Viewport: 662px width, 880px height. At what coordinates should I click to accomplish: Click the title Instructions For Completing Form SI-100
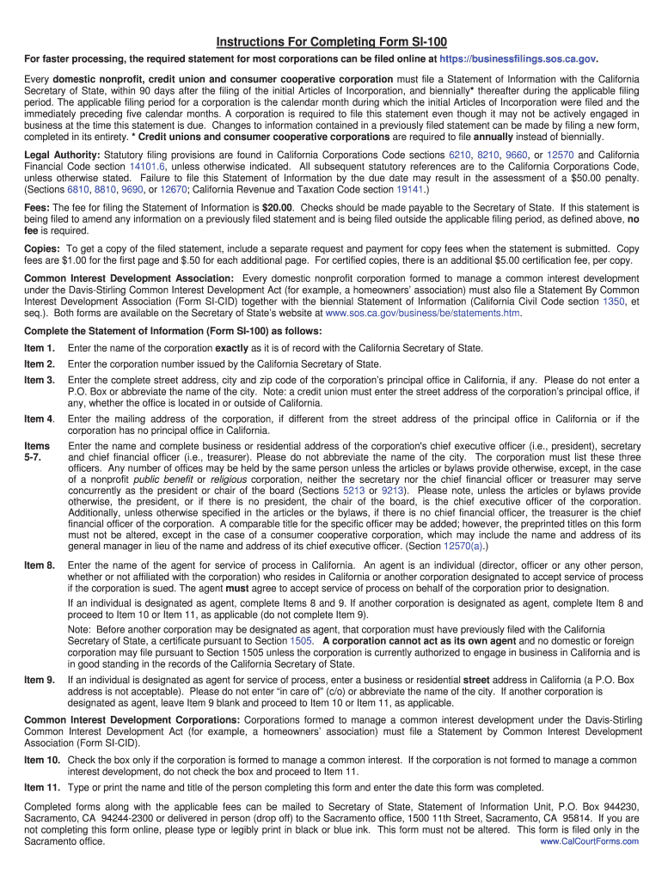[x=331, y=42]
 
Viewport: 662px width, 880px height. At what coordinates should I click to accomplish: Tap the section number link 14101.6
[x=147, y=166]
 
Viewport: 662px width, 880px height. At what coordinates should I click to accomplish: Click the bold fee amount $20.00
[x=277, y=207]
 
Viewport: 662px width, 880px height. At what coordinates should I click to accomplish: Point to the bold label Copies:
[x=42, y=248]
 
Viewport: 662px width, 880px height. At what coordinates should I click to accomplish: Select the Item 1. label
[x=40, y=348]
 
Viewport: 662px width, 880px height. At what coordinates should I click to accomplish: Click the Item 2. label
[x=40, y=364]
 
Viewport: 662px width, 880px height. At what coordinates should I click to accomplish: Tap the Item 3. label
[x=40, y=380]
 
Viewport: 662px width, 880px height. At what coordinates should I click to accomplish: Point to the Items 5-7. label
[x=36, y=452]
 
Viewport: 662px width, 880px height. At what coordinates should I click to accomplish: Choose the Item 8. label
[x=40, y=565]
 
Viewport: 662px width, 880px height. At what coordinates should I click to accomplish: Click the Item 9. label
[x=40, y=680]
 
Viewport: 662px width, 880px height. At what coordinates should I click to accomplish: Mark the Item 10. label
[x=42, y=761]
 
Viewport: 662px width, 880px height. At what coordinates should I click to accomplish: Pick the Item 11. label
[x=42, y=787]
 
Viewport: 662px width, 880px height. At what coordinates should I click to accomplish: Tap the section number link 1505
[x=301, y=641]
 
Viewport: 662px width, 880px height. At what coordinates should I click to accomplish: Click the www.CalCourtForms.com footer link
[x=589, y=842]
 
